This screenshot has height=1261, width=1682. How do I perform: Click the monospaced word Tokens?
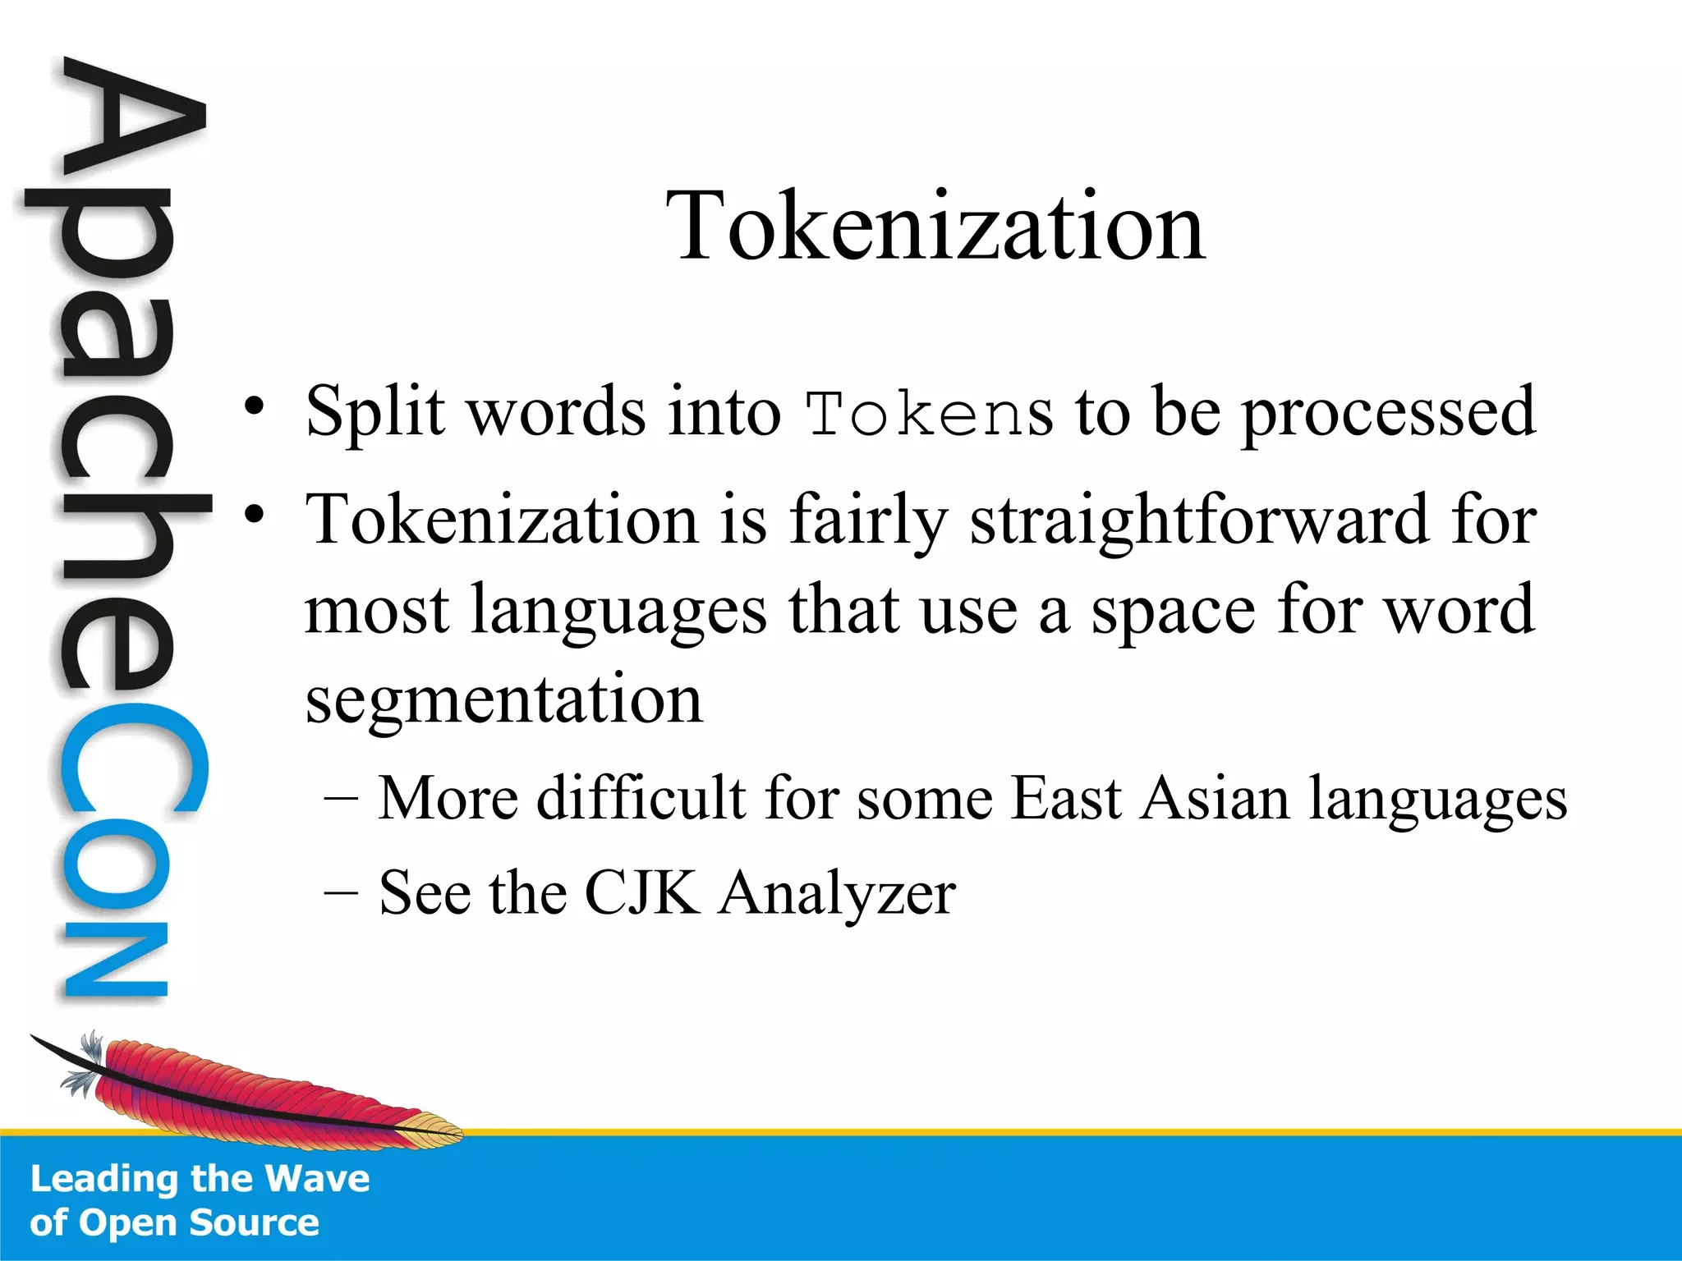pyautogui.click(x=928, y=414)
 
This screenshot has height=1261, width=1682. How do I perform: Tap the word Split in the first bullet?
pyautogui.click(x=375, y=410)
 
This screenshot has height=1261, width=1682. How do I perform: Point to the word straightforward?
pyautogui.click(x=1199, y=520)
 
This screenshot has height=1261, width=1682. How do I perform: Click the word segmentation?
pyautogui.click(x=503, y=699)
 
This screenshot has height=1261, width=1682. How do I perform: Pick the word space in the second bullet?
pyautogui.click(x=1173, y=611)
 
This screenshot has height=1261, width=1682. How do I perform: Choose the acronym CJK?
pyautogui.click(x=641, y=892)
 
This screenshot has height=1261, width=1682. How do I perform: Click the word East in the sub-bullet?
pyautogui.click(x=1066, y=798)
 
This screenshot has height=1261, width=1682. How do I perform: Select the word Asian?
pyautogui.click(x=1215, y=798)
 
